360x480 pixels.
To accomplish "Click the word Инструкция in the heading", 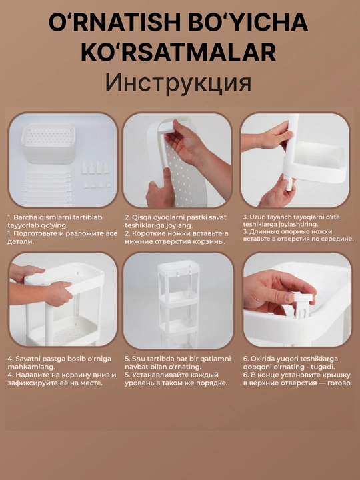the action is pos(178,83).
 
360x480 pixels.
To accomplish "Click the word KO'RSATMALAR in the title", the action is pos(179,53).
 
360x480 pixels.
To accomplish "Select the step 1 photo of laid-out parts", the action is pos(63,160).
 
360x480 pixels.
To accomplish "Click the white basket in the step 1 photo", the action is pos(49,143).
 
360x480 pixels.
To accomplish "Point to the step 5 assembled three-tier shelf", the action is pos(179,303).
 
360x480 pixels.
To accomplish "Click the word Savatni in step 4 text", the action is pos(27,359).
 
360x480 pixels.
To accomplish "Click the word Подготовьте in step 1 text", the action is pos(35,234).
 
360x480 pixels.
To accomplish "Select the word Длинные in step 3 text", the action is pos(263,232).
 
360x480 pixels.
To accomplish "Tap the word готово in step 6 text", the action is pos(340,383).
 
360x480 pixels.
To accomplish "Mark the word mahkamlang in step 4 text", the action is pos(31,367).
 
